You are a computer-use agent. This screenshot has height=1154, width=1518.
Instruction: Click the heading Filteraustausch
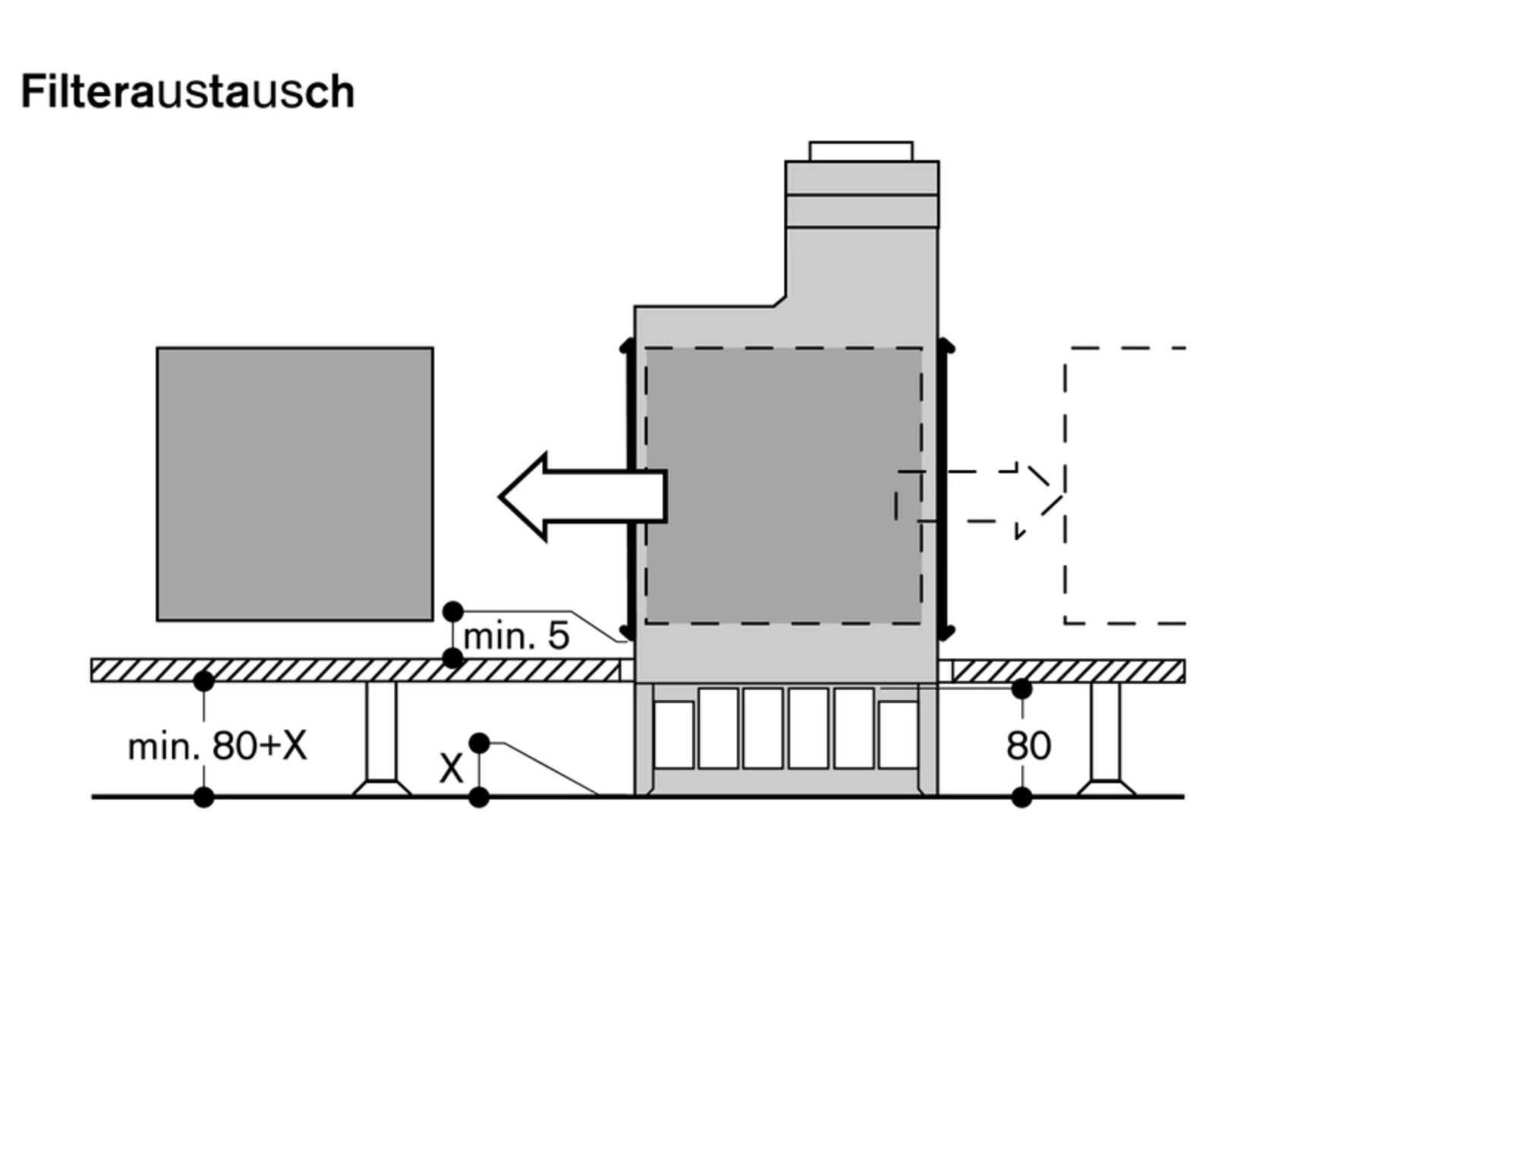(x=187, y=92)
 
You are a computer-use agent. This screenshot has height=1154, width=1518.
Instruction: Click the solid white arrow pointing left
(x=583, y=497)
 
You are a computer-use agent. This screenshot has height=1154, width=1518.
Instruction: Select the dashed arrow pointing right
(x=979, y=497)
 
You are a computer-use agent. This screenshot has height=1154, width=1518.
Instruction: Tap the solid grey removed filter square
(x=295, y=484)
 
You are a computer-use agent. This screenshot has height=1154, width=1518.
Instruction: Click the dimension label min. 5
(x=516, y=636)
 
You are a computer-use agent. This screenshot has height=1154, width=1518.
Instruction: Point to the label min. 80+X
(x=218, y=746)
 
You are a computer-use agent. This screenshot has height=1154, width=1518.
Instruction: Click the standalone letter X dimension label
(x=451, y=769)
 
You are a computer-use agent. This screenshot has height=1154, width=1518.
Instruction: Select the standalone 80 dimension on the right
(x=1028, y=746)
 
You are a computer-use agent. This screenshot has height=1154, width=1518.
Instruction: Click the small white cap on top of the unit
(x=861, y=151)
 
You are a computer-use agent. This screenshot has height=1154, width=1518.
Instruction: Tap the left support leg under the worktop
(x=382, y=739)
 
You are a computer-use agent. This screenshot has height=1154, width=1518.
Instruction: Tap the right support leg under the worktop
(x=1106, y=739)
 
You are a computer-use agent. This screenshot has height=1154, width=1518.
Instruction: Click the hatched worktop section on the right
(x=1069, y=671)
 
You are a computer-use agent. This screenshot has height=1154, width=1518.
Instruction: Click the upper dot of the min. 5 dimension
(x=452, y=611)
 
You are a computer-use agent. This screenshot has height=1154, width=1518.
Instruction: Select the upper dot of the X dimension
(x=479, y=743)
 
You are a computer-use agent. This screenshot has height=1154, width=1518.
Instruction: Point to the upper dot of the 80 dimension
(x=1022, y=689)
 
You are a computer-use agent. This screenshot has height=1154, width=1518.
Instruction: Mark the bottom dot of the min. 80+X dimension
(x=203, y=797)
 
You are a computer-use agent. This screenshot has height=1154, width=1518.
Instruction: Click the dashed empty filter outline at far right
(x=1125, y=486)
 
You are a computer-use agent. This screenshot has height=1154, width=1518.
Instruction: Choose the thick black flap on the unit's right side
(x=944, y=490)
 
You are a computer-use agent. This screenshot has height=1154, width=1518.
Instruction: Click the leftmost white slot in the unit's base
(x=674, y=735)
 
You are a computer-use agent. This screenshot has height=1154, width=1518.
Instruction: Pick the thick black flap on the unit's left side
(x=628, y=490)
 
